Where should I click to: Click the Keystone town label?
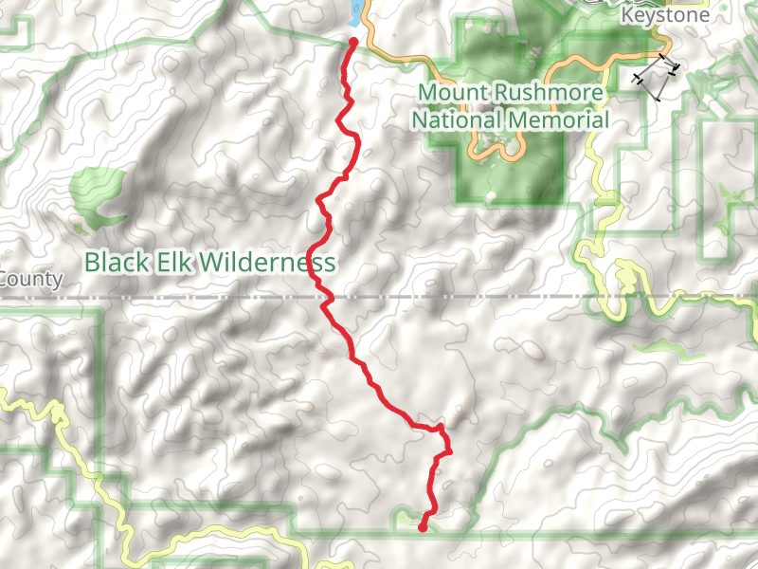click(x=664, y=16)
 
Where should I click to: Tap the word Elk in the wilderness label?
click(x=170, y=261)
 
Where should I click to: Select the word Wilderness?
click(x=266, y=261)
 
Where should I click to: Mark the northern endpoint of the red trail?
click(x=353, y=43)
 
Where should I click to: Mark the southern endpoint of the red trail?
click(x=423, y=528)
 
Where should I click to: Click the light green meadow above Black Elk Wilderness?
click(x=95, y=194)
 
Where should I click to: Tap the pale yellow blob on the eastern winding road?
click(x=625, y=279)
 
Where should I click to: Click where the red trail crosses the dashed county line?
click(x=322, y=297)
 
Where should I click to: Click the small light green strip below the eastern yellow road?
click(x=663, y=347)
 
